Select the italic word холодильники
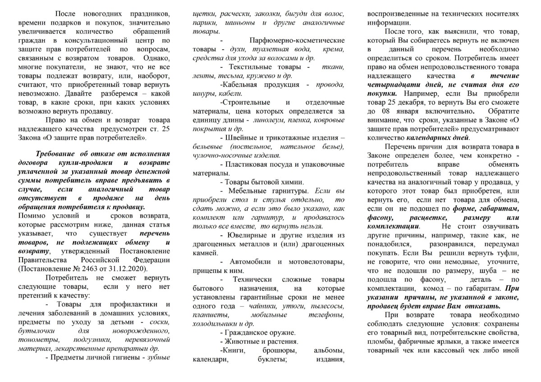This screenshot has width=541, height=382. click(x=214, y=323)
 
